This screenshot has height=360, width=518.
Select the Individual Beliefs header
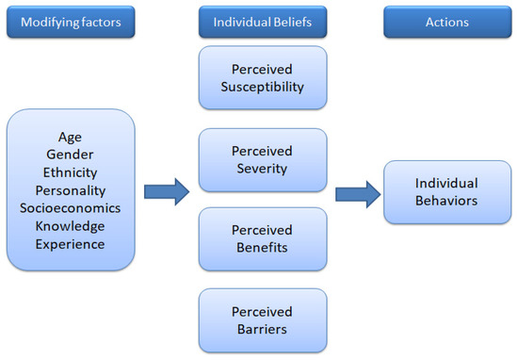click(263, 21)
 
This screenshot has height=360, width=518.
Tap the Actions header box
click(445, 21)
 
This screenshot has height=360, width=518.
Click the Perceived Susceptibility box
click(263, 78)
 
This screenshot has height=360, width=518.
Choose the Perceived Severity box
click(263, 159)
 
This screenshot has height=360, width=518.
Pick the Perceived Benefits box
click(263, 239)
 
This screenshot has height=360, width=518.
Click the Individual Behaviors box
click(445, 191)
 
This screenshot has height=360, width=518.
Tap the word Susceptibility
click(263, 88)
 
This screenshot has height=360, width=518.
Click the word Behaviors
click(445, 201)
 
